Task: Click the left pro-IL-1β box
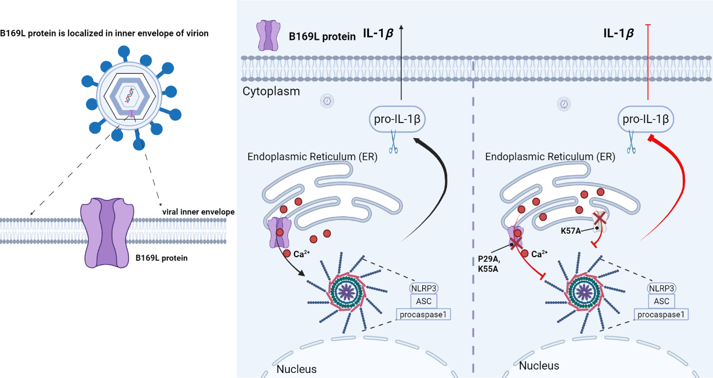coord(398,120)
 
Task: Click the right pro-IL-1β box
coord(645,120)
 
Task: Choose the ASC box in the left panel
coord(424,301)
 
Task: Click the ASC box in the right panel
coord(662,301)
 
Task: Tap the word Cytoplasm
coord(271,91)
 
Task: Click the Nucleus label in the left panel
coord(296,369)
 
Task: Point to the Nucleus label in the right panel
coord(539,366)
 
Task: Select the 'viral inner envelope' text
coord(198,212)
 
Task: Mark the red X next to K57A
coord(601,218)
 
